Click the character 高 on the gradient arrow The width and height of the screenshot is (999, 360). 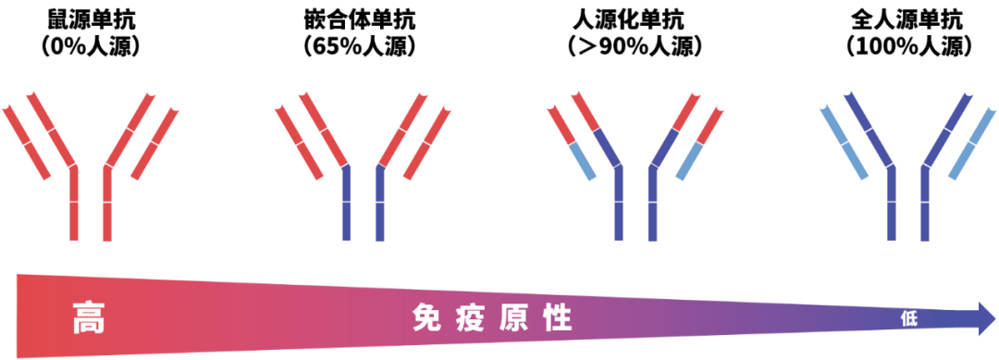88,319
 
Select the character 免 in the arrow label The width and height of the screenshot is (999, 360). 425,319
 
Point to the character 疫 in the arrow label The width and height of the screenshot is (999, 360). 466,319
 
